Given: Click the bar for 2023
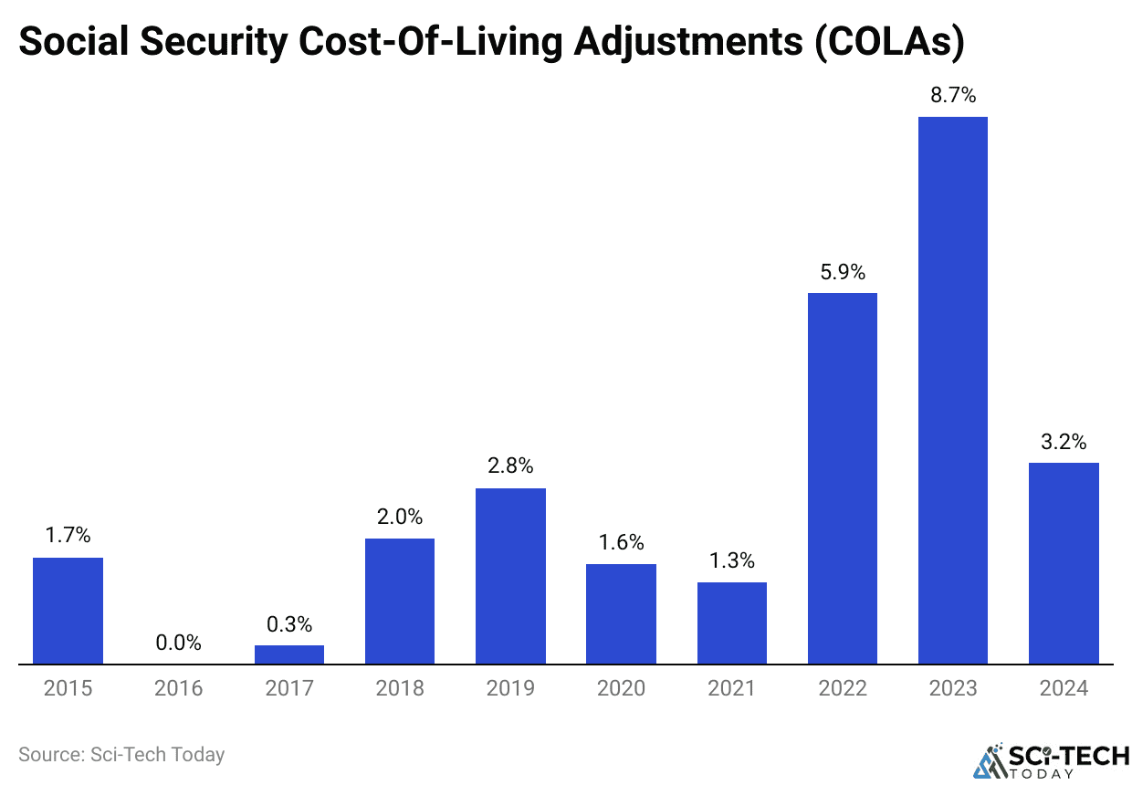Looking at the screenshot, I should click(952, 390).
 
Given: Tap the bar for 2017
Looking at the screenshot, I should click(289, 654).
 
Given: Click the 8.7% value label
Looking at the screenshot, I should click(952, 95).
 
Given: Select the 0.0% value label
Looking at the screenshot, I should click(178, 643).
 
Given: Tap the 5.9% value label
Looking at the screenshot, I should click(842, 272).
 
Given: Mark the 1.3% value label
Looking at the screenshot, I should click(731, 561).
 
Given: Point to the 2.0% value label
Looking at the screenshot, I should click(400, 517).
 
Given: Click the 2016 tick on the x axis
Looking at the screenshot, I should click(178, 687).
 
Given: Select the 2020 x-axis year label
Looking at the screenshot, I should click(621, 687).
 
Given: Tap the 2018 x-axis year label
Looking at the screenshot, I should click(400, 687).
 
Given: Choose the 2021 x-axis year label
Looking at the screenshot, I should click(731, 687).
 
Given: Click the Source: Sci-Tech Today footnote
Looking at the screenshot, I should click(121, 755).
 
